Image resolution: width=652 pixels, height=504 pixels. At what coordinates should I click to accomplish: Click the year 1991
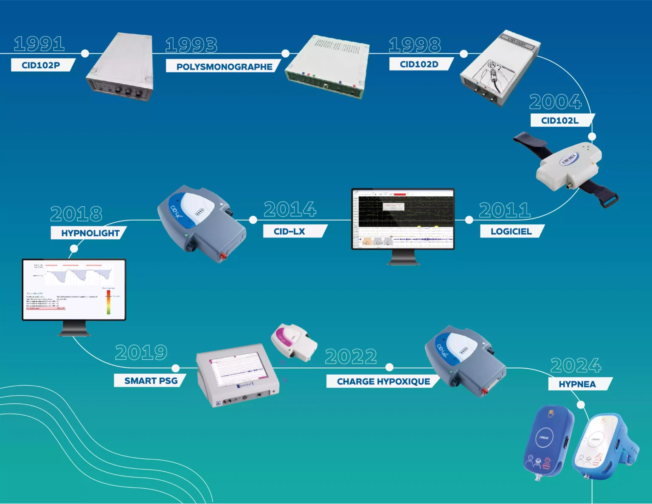tap(39, 44)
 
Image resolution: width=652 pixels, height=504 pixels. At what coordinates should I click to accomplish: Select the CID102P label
tap(41, 65)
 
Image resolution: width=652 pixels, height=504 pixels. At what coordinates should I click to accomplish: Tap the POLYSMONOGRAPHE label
tap(224, 67)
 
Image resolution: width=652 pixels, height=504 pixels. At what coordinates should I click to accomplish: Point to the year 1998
tap(415, 45)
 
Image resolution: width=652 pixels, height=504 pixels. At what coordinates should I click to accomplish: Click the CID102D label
tap(419, 64)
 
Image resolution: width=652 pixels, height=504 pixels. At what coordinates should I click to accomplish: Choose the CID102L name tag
tap(560, 120)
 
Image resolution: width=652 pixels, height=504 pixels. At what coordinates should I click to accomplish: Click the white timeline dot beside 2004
tap(592, 137)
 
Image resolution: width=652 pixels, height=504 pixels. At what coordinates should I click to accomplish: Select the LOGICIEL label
tap(511, 231)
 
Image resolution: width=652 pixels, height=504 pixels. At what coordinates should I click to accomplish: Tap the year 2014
tap(290, 210)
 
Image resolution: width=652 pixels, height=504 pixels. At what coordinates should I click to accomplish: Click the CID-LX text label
tap(289, 231)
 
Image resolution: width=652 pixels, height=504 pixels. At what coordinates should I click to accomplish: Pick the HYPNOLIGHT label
tap(90, 233)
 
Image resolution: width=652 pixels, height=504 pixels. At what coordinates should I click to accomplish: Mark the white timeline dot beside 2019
tap(176, 368)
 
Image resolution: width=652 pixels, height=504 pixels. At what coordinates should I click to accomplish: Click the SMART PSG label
tap(151, 381)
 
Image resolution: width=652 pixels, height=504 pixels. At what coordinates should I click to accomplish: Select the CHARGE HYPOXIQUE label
tap(383, 381)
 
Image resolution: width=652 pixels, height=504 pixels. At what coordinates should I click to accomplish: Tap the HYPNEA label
tap(577, 384)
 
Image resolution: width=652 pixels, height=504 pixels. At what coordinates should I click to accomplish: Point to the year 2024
tap(576, 366)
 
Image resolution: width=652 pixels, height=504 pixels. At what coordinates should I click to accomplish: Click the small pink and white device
tap(293, 342)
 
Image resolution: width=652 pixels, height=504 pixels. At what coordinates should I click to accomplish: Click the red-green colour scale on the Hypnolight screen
tap(109, 302)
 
